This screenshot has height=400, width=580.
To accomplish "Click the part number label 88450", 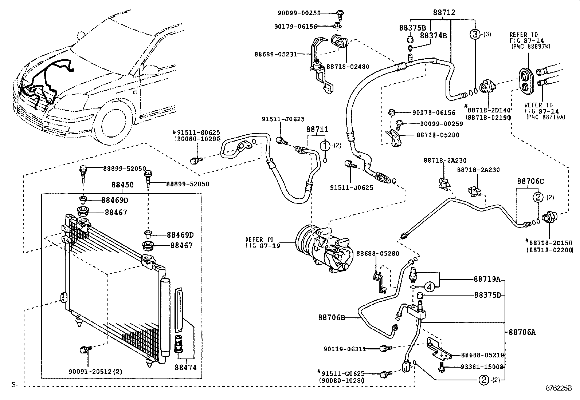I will click(122, 185).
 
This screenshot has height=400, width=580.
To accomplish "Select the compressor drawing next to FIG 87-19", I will click(324, 248).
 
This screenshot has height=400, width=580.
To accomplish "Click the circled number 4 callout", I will click(430, 287).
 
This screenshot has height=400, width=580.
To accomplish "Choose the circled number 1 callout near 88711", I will click(325, 146).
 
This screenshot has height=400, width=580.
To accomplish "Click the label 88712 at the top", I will click(444, 12).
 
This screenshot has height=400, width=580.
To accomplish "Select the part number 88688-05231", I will click(276, 54).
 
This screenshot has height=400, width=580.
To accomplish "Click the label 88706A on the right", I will click(522, 332).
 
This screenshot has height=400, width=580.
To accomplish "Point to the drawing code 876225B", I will click(559, 388).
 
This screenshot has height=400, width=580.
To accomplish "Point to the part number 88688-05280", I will click(377, 253).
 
